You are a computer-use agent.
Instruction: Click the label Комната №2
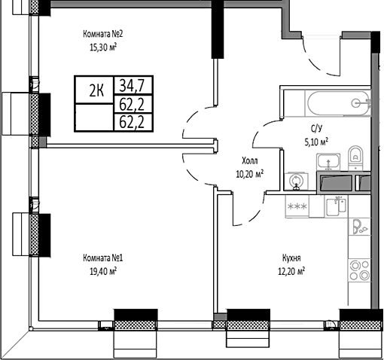point(102,33)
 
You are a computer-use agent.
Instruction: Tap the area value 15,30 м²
point(102,45)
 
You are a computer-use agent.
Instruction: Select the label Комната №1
point(102,258)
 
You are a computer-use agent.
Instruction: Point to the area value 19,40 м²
point(102,271)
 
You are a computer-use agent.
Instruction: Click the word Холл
point(249,161)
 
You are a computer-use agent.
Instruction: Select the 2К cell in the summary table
point(96,92)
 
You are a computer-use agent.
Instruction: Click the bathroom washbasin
point(328,161)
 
